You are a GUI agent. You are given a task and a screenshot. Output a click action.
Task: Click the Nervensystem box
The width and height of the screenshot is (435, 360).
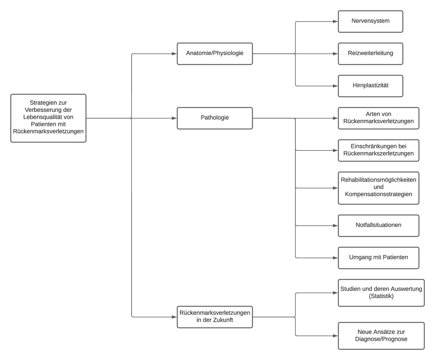tap(371, 21)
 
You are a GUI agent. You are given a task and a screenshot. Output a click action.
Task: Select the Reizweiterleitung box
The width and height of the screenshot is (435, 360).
tap(371, 54)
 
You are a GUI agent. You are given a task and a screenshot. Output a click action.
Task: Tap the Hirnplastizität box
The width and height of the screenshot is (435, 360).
tap(371, 86)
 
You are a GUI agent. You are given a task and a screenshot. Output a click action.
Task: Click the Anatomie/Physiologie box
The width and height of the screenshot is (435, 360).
tap(215, 54)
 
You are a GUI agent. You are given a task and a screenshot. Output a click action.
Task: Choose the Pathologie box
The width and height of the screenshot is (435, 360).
tap(215, 118)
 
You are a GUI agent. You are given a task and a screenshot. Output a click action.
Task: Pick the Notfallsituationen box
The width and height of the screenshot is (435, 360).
tap(379, 226)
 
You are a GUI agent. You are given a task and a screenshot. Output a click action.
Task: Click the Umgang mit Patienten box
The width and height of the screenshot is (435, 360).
tap(379, 258)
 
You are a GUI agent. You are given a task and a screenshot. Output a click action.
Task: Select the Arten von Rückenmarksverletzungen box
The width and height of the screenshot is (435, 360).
tap(379, 118)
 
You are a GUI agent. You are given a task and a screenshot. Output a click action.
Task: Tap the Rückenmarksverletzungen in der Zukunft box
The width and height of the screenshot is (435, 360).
tap(215, 317)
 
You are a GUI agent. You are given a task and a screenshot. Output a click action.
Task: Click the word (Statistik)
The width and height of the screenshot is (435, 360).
tap(381, 296)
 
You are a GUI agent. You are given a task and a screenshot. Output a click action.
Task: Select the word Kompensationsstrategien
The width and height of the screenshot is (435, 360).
tap(378, 194)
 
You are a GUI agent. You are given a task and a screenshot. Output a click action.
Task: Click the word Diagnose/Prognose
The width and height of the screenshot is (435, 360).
tap(381, 339)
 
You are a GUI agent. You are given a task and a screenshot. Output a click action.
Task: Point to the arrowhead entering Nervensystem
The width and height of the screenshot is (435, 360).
tap(335, 21)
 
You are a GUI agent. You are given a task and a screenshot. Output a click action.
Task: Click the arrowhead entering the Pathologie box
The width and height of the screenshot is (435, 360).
tap(175, 118)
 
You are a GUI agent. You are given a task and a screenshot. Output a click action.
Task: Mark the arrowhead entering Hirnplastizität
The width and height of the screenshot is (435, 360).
tap(335, 86)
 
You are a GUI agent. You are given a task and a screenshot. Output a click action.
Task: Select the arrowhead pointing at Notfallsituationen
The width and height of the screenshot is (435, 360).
tap(335, 226)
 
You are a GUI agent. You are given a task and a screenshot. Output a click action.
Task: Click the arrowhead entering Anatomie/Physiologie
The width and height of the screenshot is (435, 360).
tap(175, 54)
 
